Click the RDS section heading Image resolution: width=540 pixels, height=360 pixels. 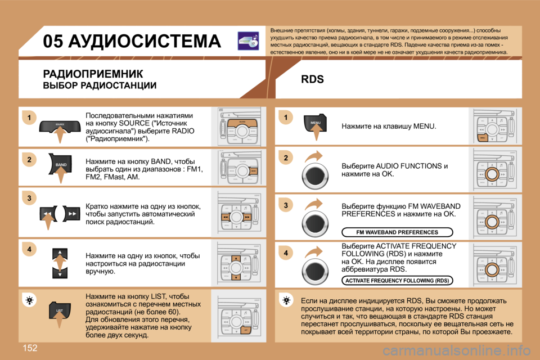click(x=312, y=79)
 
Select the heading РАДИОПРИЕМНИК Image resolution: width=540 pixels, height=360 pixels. click(x=93, y=73)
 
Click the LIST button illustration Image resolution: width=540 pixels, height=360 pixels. click(x=60, y=310)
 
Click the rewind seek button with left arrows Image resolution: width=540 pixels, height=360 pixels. click(x=48, y=215)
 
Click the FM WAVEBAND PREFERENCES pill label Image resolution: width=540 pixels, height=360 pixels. click(x=397, y=232)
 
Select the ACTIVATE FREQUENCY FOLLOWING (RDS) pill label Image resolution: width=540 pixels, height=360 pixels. click(x=397, y=280)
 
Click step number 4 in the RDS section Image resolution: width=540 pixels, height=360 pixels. click(x=286, y=254)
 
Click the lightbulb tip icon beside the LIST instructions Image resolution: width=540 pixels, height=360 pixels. click(x=30, y=301)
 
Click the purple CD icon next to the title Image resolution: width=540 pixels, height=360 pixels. click(x=248, y=41)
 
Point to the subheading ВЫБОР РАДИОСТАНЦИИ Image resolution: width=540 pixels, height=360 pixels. click(x=100, y=85)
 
